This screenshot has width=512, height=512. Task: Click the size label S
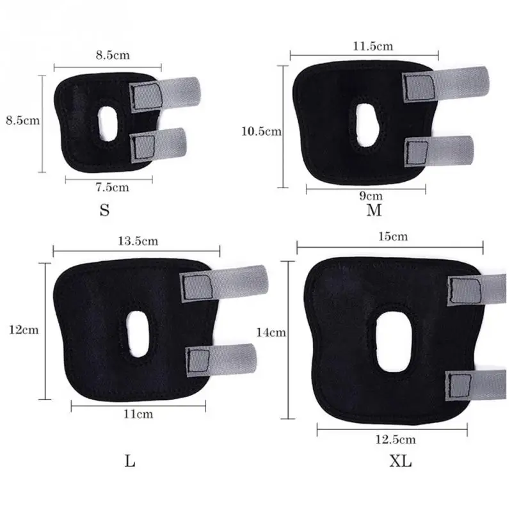pos(104,210)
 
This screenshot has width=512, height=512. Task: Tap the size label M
pos(374,210)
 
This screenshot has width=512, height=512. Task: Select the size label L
pos(130,461)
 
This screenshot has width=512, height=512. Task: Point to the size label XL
pos(401,461)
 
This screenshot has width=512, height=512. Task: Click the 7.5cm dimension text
pos(112,188)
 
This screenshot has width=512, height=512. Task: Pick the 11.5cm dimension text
pos(372,46)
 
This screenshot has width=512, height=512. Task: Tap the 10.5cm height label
pos(261,131)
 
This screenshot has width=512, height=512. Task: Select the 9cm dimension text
pos(371,196)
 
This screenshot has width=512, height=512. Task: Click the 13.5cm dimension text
pos(138,241)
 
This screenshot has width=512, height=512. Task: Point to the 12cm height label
pos(24,330)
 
